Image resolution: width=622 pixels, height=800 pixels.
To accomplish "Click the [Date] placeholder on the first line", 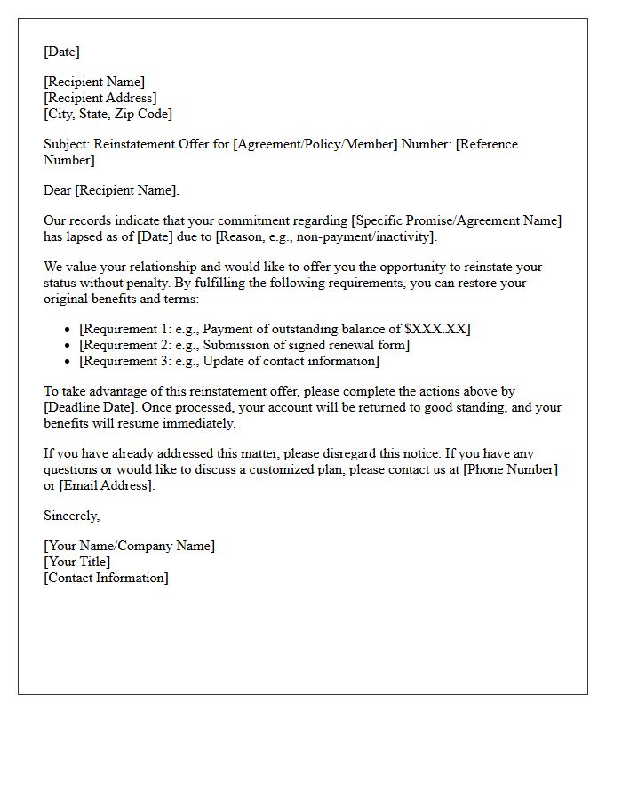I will (61, 52).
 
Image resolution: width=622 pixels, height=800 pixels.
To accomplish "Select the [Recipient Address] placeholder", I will (100, 98).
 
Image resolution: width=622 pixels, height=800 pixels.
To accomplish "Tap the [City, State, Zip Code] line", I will (108, 114).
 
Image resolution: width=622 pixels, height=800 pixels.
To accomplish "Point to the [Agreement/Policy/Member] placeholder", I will (315, 144).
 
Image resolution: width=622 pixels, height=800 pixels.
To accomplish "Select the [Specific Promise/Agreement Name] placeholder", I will (458, 220).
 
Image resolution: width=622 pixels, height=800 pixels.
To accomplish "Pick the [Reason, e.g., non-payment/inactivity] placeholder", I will (326, 236).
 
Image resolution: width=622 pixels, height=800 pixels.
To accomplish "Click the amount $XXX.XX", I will (435, 329).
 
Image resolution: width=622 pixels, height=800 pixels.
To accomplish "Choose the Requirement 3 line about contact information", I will (229, 361).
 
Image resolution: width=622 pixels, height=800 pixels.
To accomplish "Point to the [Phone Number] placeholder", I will (510, 469).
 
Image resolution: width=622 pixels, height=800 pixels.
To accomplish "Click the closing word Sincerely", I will (71, 516).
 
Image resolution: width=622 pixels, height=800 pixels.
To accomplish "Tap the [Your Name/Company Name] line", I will (129, 546).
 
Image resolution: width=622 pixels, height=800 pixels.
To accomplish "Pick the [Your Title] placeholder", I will (77, 562).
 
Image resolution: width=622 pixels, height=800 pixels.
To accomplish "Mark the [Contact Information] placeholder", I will (106, 578).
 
